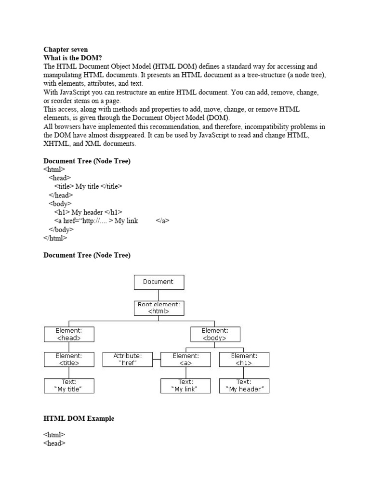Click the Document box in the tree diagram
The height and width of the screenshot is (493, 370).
point(159,282)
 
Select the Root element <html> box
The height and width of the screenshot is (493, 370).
point(159,308)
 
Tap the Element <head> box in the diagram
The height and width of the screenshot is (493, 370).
point(69,334)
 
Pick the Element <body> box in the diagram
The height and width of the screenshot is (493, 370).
point(215,334)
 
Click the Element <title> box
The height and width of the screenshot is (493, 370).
point(69,359)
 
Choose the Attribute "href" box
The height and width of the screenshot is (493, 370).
point(127,359)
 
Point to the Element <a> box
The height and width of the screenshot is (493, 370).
point(185,359)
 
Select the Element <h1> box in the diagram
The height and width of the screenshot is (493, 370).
point(244,359)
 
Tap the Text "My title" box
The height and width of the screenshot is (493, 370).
point(69,386)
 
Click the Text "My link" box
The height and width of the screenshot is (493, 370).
point(185,386)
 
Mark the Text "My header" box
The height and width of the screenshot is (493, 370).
point(244,386)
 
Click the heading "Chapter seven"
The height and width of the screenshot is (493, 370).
point(66,50)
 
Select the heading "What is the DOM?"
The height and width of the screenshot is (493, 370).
point(73,58)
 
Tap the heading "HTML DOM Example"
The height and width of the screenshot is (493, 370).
point(79,419)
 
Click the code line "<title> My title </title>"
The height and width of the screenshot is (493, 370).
point(88,186)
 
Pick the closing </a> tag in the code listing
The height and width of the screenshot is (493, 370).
point(163,221)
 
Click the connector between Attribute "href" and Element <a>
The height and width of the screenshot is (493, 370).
point(156,359)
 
